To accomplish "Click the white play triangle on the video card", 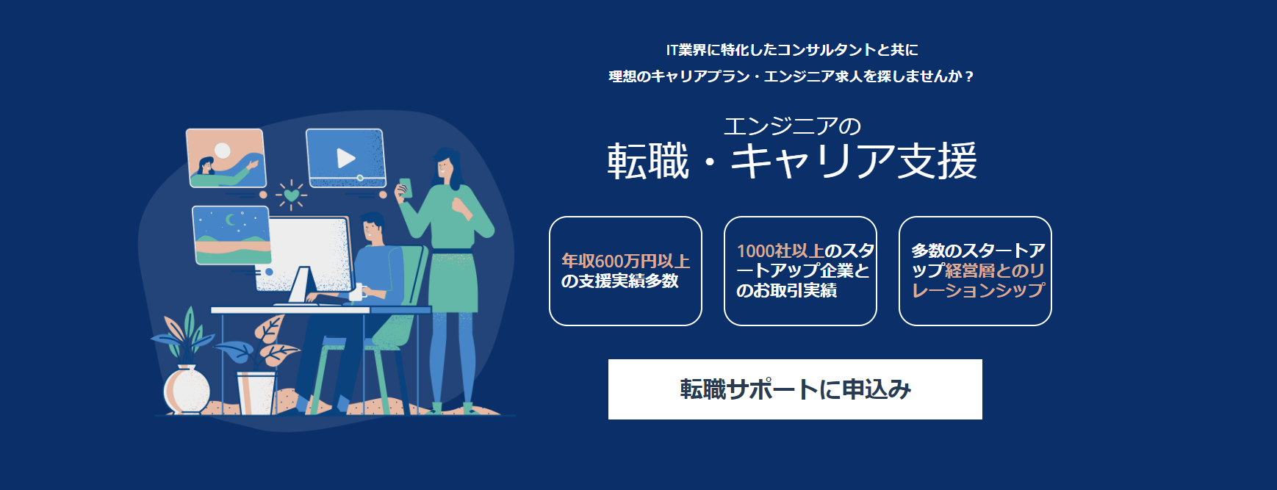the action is point(345,158).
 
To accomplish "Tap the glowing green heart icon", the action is point(292,195).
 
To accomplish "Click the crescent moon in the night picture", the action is point(231,219).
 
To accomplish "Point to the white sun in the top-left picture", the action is point(222,151).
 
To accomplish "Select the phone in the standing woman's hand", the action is point(405,187).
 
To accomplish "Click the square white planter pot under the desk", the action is point(256,393).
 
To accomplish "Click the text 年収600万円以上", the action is point(625,261).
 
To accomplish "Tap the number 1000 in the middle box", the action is point(755,251).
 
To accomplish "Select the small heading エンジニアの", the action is point(792,126).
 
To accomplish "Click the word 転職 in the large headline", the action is point(648,161).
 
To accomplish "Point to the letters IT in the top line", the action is point(672,50).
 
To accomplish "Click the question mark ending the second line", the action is point(969,76).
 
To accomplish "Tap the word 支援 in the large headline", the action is point(938,161).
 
